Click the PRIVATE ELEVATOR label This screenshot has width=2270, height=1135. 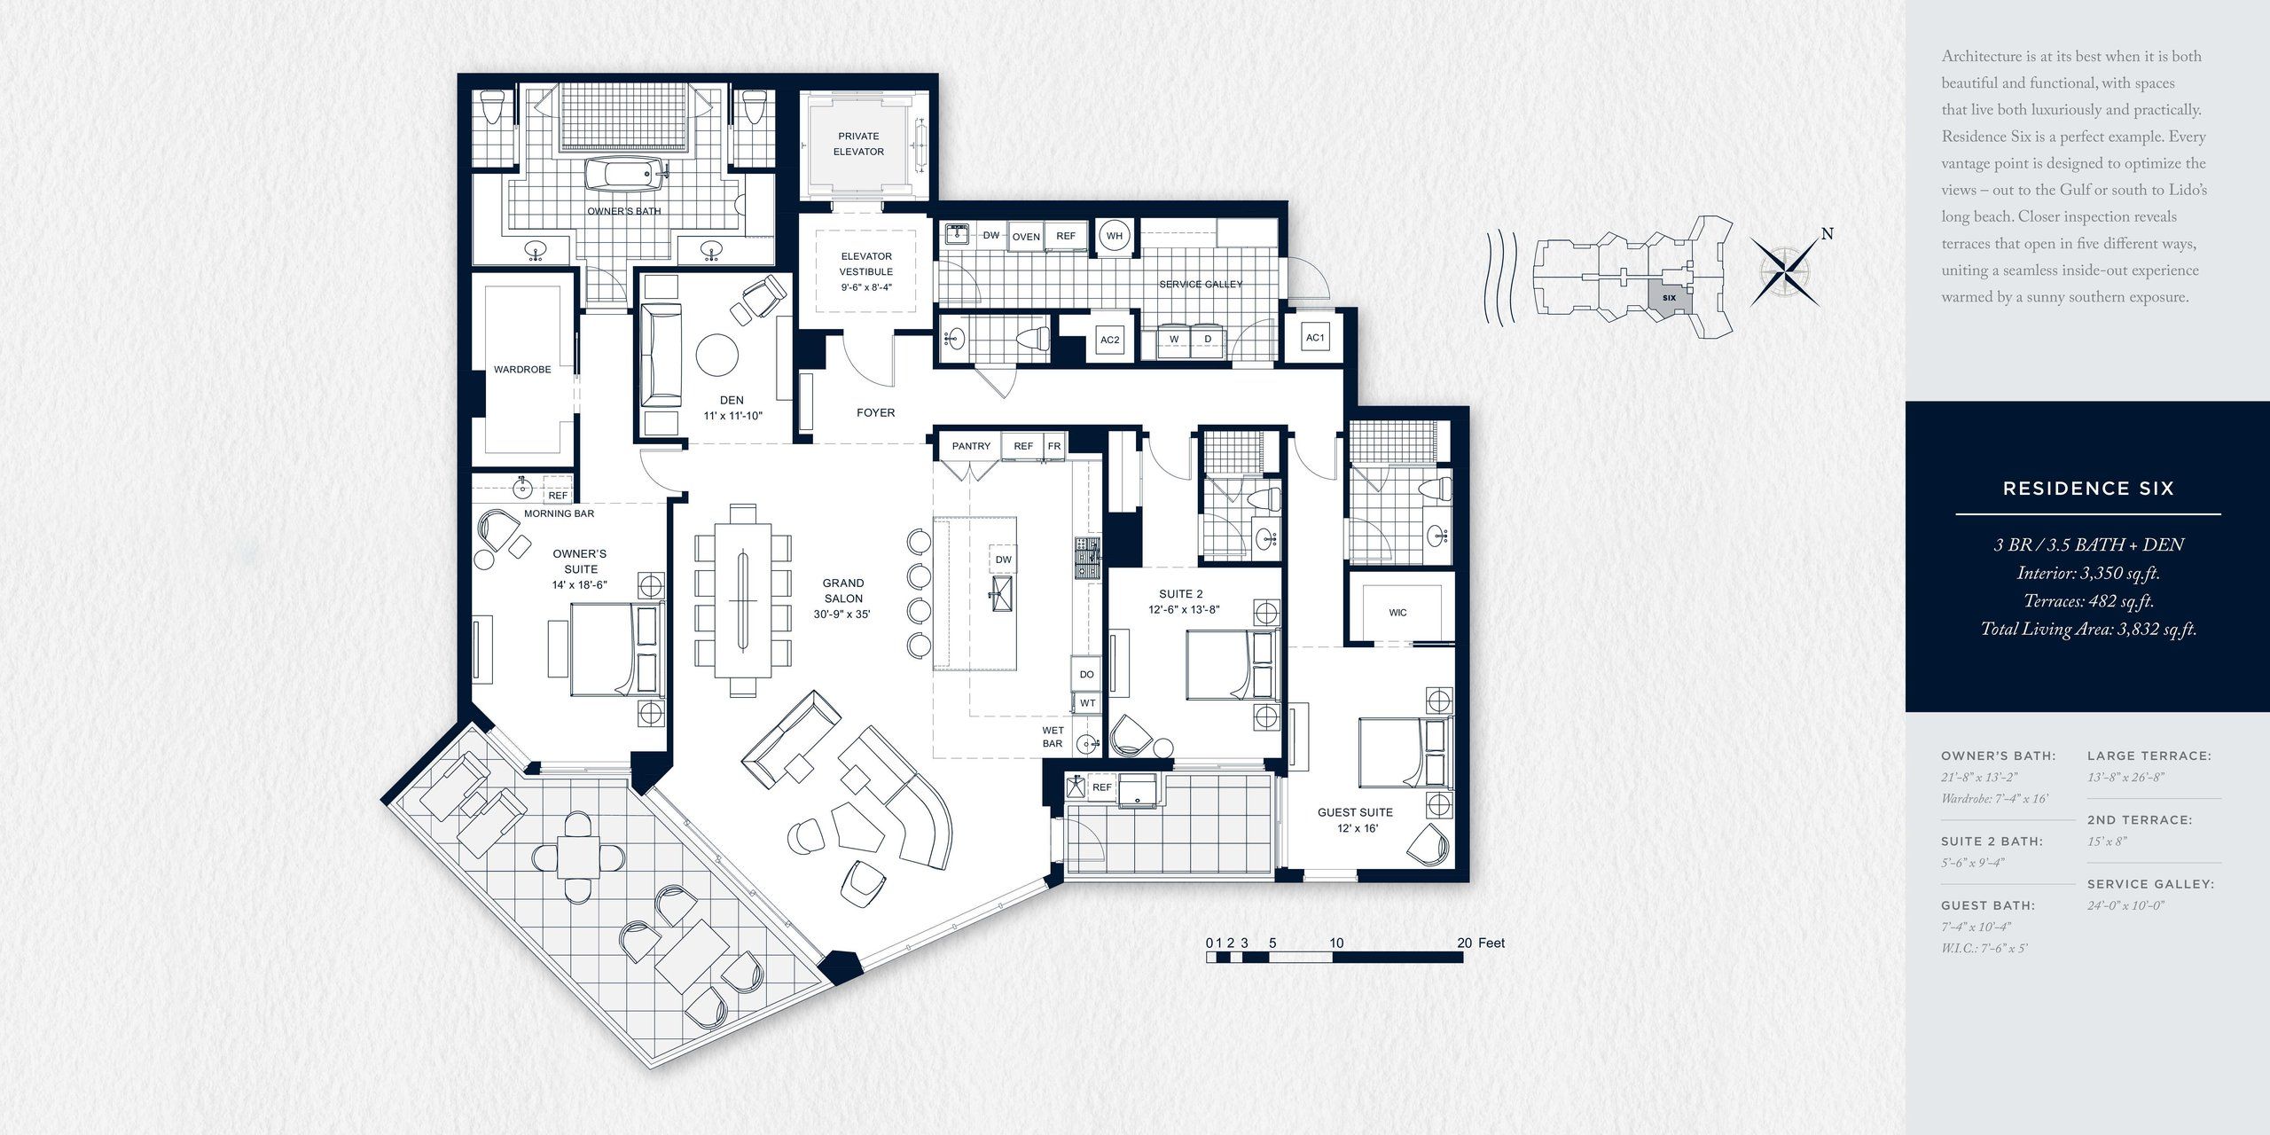point(858,144)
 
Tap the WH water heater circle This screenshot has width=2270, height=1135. point(1115,236)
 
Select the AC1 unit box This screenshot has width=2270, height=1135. point(1315,338)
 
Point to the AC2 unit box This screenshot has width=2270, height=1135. point(1109,340)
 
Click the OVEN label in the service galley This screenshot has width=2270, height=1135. point(1026,237)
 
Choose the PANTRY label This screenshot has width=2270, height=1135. point(971,446)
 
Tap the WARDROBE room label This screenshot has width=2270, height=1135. point(522,370)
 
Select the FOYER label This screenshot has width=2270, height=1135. point(875,413)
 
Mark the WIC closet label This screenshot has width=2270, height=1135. point(1397,613)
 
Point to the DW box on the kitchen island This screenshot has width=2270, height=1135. point(1003,560)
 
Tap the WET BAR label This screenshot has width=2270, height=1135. point(1053,737)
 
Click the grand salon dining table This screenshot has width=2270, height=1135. point(743,600)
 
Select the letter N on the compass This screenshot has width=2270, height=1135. point(1827,234)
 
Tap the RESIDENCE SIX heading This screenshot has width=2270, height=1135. point(2088,489)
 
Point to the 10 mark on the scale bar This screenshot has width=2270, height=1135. point(1336,943)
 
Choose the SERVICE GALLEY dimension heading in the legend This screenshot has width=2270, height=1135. point(2150,884)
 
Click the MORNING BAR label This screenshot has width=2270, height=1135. point(559,513)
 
